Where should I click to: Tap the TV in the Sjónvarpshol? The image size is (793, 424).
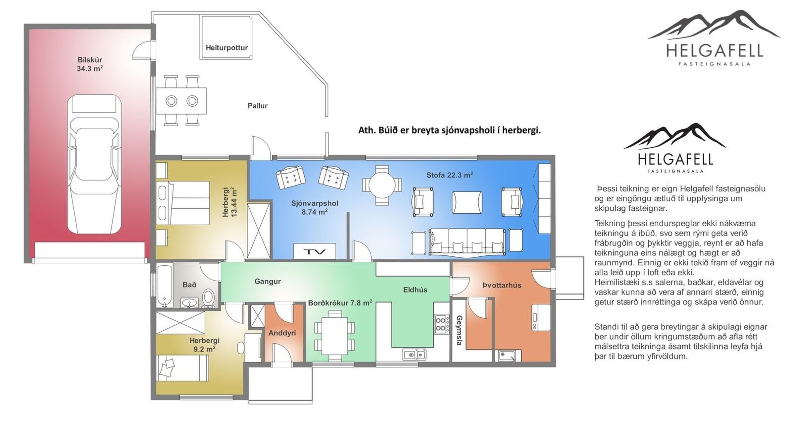coord(315,251)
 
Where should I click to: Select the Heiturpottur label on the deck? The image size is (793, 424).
coord(227,48)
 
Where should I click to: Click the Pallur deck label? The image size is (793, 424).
coord(257,106)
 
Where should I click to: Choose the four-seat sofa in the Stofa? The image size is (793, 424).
coord(467,241)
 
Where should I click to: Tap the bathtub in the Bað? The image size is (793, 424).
coord(164,286)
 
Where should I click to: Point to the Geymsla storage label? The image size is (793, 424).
coord(459,330)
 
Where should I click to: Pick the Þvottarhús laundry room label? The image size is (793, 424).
coord(502,285)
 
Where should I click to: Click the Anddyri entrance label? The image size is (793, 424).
coord(282,333)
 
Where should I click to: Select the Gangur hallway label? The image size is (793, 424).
coord(268,282)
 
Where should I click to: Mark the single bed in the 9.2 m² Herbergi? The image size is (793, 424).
coord(182,368)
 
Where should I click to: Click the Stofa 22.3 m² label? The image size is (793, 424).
coord(449,175)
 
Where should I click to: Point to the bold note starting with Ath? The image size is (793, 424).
coord(449,131)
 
